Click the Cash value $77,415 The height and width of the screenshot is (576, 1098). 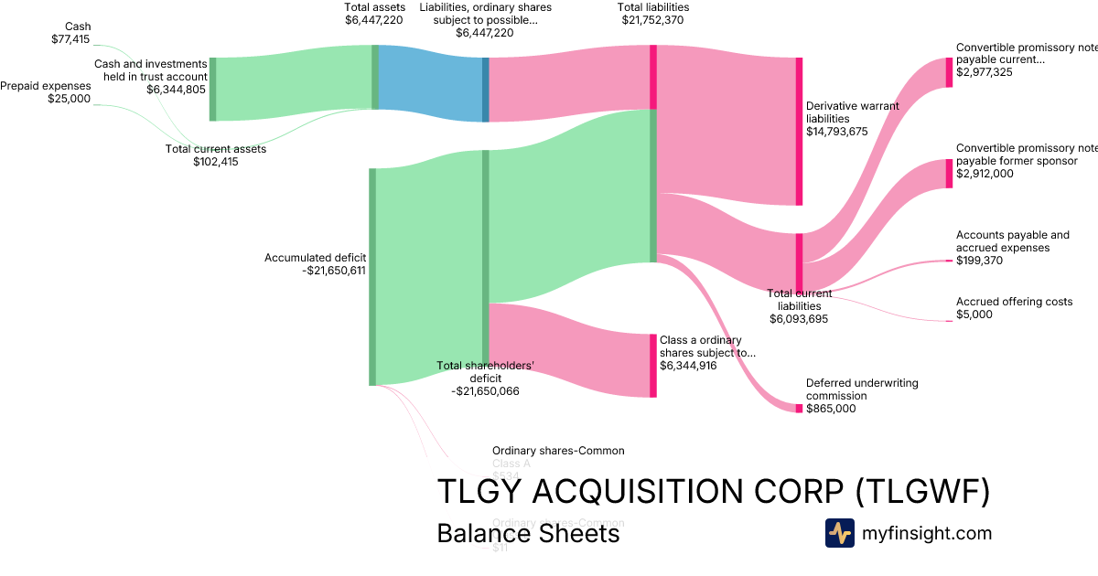71,40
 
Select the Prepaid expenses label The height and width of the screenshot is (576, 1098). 46,86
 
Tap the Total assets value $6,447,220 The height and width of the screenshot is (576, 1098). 373,19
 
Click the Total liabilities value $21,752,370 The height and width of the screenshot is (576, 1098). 652,19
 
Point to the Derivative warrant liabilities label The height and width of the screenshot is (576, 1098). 852,112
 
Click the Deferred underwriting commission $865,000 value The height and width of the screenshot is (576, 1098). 831,409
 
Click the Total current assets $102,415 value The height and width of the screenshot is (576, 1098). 216,162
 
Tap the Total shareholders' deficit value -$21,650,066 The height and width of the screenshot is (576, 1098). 485,390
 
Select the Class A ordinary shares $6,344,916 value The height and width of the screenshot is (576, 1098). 688,366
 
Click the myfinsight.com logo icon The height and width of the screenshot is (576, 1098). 839,533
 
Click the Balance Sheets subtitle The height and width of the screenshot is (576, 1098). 528,533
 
